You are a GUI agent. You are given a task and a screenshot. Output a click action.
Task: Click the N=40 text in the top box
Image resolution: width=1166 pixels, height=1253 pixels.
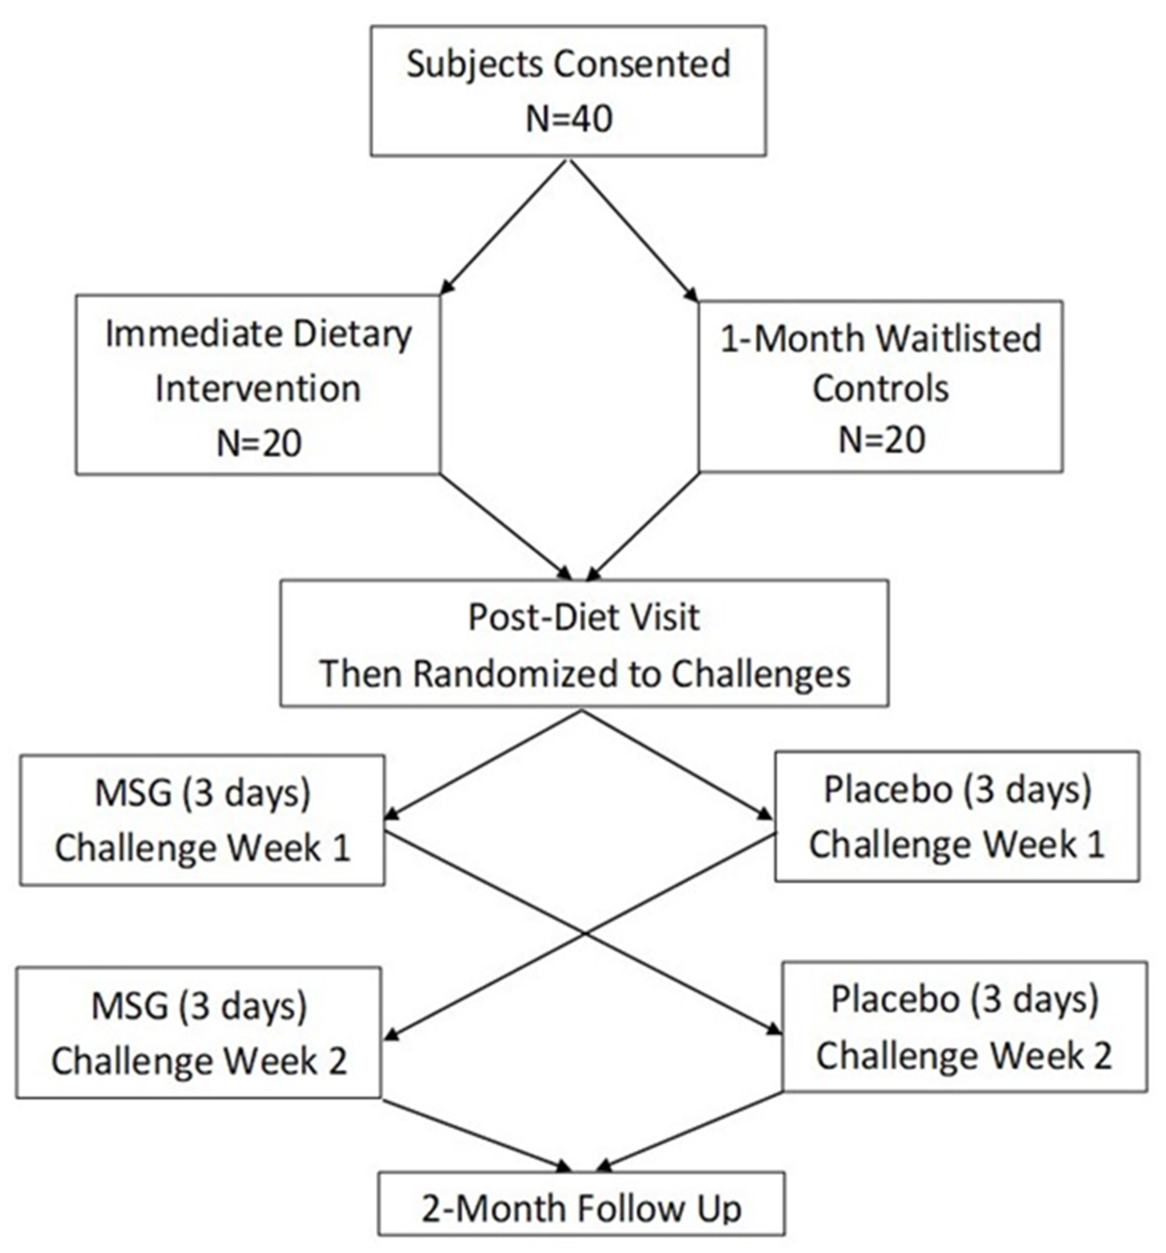click(x=568, y=119)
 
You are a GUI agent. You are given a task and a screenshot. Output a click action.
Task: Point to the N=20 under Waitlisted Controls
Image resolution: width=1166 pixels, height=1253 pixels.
click(x=881, y=439)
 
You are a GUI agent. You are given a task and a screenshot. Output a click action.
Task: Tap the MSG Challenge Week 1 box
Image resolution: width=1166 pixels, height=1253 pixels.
click(x=202, y=820)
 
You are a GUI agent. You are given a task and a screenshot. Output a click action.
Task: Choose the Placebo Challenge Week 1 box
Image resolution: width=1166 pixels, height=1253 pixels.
click(x=956, y=816)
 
